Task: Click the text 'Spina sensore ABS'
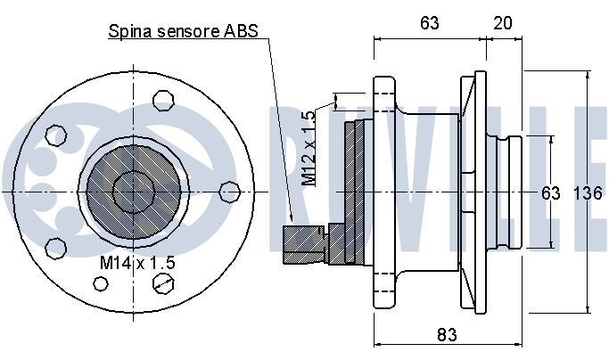tap(183, 32)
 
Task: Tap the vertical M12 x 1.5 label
tap(309, 147)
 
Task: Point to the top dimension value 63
tap(429, 24)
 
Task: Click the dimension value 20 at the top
tap(502, 24)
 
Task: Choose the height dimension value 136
tap(588, 193)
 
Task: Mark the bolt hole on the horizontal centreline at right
tap(230, 190)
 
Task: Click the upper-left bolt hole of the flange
tap(56, 136)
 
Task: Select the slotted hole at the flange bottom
tap(163, 282)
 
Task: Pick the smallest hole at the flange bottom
tap(102, 285)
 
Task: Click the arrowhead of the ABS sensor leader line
tap(292, 219)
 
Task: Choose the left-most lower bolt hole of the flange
tap(53, 247)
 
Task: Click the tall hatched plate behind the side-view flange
tap(361, 192)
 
